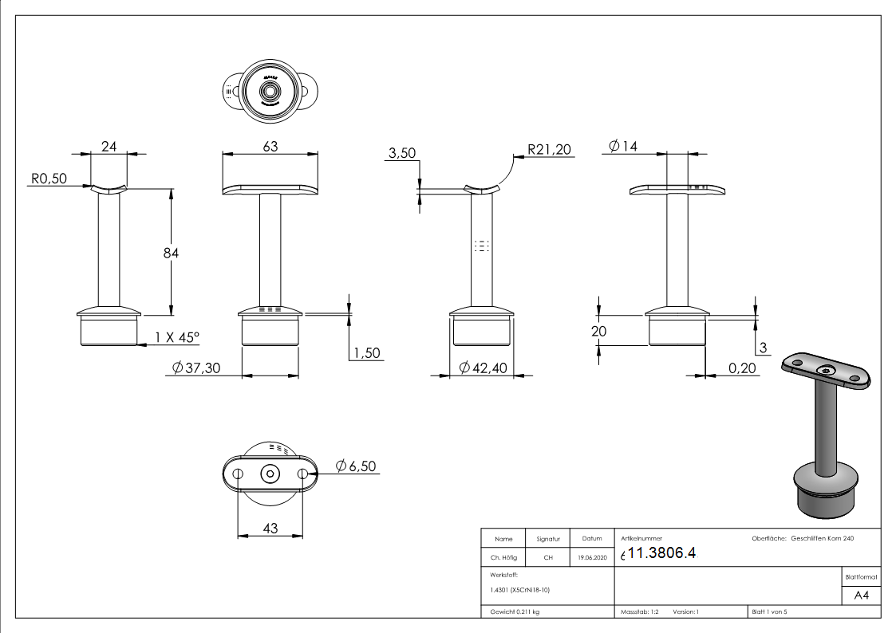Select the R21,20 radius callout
pos(550,149)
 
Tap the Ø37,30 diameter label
pos(196,367)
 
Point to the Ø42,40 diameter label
pos(487,367)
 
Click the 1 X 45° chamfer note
pos(176,337)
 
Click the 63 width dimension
pos(270,146)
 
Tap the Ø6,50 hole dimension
pos(356,466)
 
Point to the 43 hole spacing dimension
pos(270,529)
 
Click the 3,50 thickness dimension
pos(401,153)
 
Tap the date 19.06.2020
pos(591,558)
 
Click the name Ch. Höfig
pos(503,558)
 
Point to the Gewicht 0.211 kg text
pos(515,611)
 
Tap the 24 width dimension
pos(109,146)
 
